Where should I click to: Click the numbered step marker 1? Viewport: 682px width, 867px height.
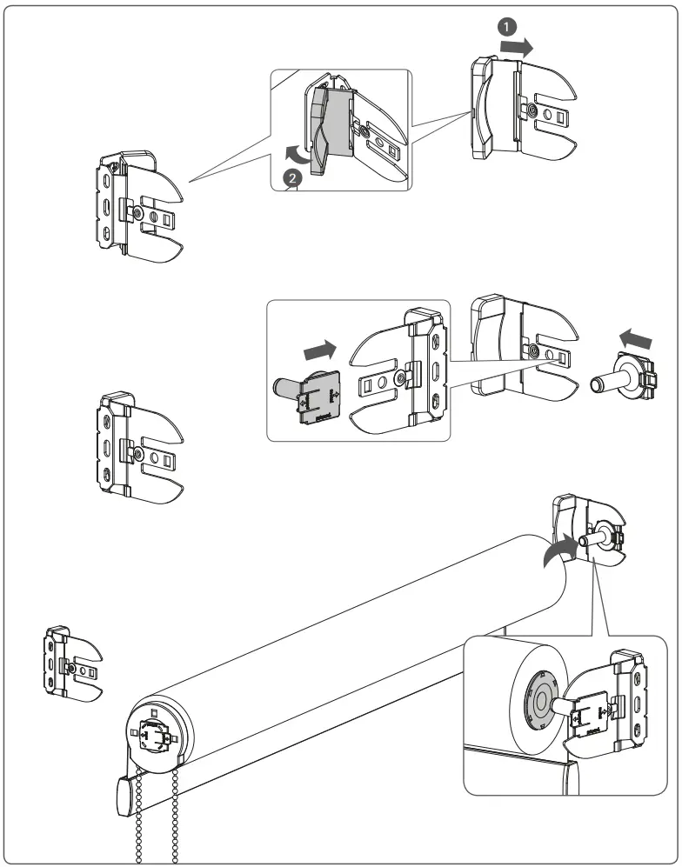pos(505,27)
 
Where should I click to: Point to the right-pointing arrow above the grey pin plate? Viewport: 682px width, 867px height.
pos(318,350)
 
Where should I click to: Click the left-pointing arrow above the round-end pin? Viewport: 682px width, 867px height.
pos(633,335)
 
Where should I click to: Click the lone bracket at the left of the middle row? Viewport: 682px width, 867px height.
pos(135,448)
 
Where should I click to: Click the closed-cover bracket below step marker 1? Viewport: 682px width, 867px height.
pos(520,109)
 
